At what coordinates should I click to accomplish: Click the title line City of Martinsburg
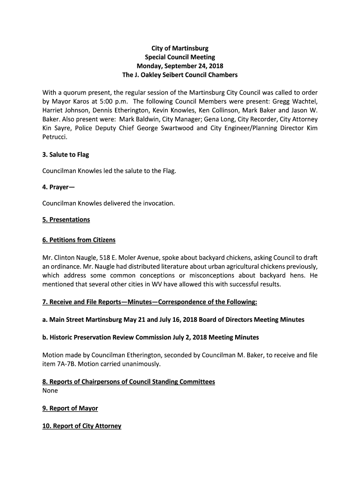[x=180, y=48]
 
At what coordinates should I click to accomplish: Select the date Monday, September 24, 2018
[x=180, y=66]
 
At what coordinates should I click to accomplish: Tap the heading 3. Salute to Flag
[x=65, y=155]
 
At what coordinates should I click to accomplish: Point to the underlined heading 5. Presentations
[x=66, y=219]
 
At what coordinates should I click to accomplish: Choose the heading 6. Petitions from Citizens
[x=79, y=240]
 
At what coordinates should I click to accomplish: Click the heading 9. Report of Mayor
[x=70, y=408]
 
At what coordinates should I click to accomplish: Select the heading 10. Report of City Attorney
[x=82, y=426]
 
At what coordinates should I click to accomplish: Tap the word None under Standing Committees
[x=50, y=391]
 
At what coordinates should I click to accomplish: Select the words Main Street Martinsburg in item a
[x=86, y=319]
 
